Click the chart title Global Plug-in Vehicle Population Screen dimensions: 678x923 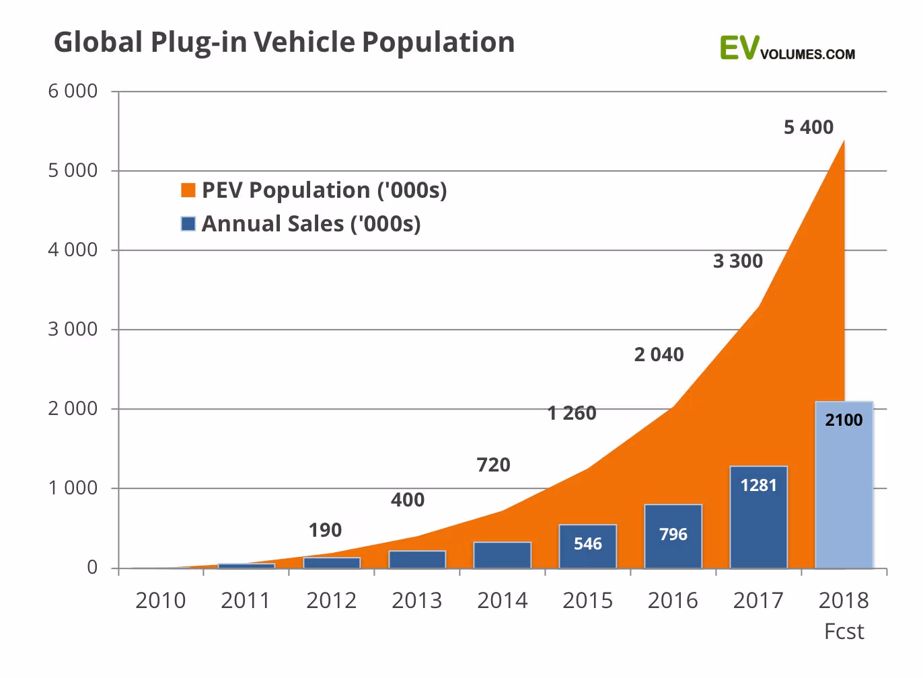[284, 42]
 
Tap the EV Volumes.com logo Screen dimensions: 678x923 [786, 49]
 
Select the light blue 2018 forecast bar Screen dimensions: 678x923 [844, 484]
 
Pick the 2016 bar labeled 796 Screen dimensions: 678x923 [673, 536]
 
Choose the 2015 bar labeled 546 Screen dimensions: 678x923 [587, 546]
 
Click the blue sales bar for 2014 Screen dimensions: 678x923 [502, 555]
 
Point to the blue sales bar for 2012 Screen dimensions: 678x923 [332, 563]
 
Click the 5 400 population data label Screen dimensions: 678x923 [808, 127]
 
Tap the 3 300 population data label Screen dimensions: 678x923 [737, 261]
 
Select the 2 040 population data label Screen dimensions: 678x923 [659, 354]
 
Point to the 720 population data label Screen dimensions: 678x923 [493, 465]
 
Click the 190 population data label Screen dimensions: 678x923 [325, 530]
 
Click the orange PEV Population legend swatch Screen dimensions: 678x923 [188, 190]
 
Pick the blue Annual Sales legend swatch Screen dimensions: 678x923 [188, 224]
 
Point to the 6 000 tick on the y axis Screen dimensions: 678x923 [73, 91]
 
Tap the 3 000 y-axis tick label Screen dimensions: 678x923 [73, 330]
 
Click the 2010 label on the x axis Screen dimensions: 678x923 [160, 600]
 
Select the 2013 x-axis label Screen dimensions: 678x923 [416, 600]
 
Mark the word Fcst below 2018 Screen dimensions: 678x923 [844, 632]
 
